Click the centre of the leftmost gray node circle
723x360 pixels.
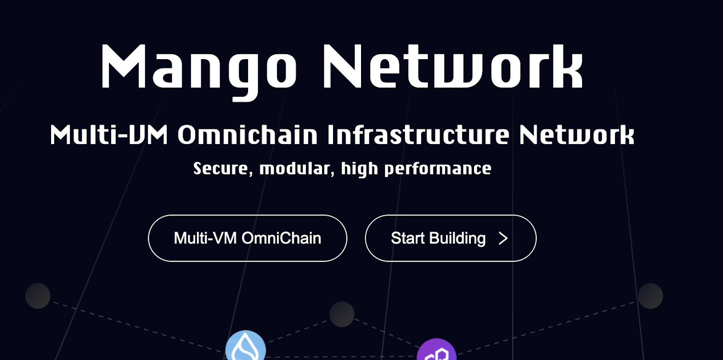click(x=38, y=296)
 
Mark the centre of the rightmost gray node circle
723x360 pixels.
click(x=650, y=296)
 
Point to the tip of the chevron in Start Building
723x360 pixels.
click(x=508, y=238)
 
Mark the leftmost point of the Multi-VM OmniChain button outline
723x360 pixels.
click(x=148, y=238)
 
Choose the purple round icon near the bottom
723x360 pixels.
click(x=437, y=350)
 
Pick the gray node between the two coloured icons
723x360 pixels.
click(x=342, y=314)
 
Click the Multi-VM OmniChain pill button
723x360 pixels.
click(x=248, y=238)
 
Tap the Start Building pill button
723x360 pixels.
click(x=451, y=238)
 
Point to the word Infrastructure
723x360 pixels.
click(x=418, y=135)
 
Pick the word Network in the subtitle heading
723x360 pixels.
click(x=577, y=135)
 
